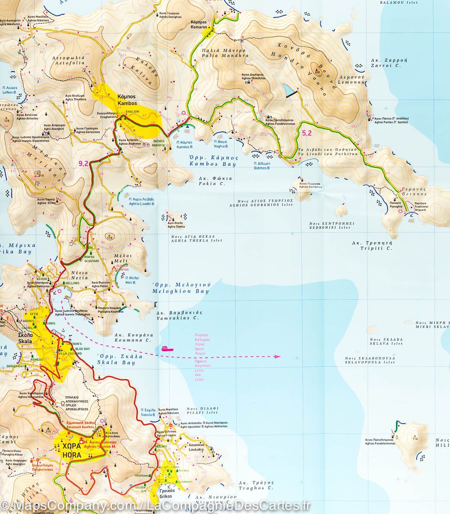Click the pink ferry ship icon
coord(167,349)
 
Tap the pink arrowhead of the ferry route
coord(277,356)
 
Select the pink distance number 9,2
coord(84,163)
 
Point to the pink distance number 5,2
coord(307,133)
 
